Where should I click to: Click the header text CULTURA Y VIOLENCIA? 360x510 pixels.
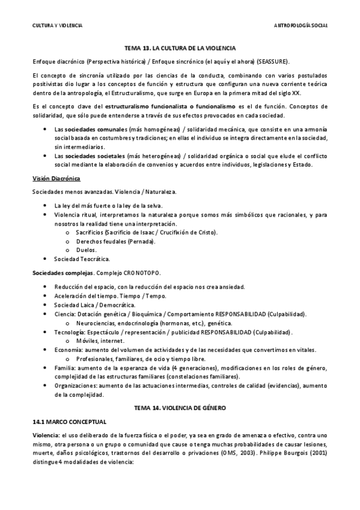coord(57,25)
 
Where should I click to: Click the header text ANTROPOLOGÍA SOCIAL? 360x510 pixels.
coord(301,25)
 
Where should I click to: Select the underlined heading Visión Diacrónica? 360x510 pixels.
coord(56,179)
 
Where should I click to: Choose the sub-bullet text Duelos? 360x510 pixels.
coord(86,250)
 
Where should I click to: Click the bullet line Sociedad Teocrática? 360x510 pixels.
coord(82,259)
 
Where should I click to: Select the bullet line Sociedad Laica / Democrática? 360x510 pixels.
coord(94,305)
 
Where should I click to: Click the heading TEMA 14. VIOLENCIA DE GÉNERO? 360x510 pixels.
coord(180,408)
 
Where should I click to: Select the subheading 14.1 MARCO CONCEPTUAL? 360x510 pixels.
coord(69,422)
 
